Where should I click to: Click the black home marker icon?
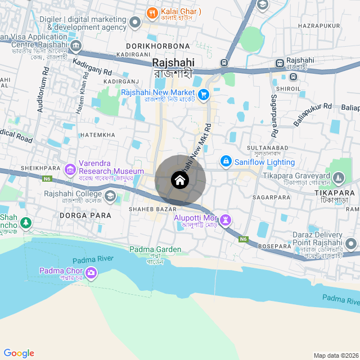pos(180,180)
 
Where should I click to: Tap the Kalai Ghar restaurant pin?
pos(151,12)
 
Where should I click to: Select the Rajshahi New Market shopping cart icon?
pos(204,95)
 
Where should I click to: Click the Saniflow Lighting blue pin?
pos(226,161)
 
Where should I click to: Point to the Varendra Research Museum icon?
pos(70,169)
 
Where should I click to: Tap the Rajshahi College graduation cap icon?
pos(110,196)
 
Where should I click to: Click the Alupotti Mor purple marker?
pos(226,218)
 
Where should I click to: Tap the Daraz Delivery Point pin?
pos(352,244)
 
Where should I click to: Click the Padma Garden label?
pos(155,249)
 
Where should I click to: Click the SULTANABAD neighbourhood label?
pos(268,147)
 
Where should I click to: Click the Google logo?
pos(19,353)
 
